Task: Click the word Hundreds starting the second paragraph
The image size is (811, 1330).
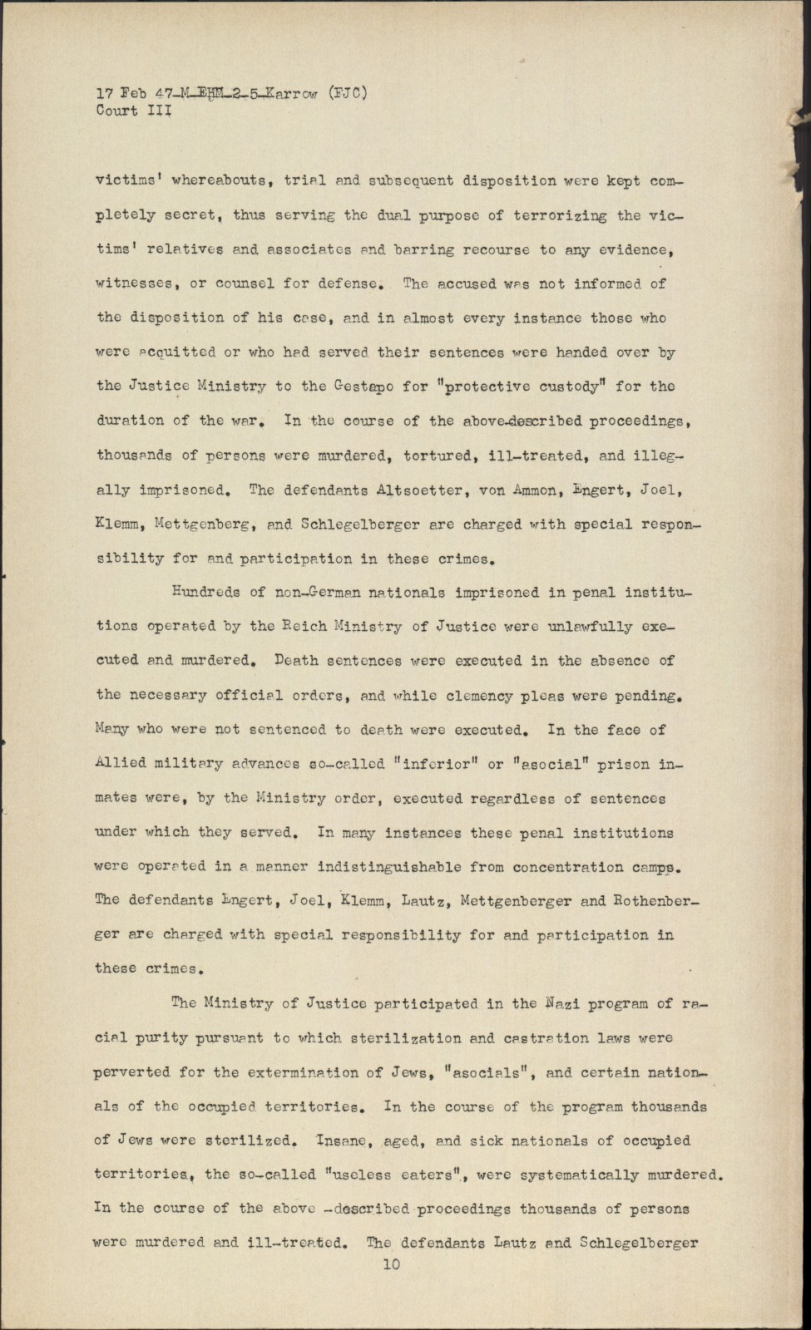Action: tap(205, 592)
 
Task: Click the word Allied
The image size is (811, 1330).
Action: tap(121, 763)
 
